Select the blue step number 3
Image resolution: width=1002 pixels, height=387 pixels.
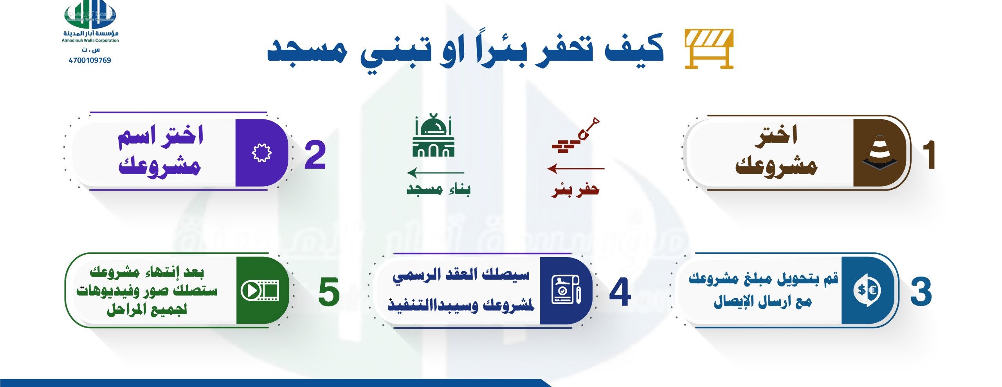pyautogui.click(x=921, y=292)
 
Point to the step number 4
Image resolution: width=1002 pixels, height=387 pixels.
pyautogui.click(x=620, y=292)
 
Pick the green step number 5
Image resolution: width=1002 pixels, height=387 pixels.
pyautogui.click(x=329, y=292)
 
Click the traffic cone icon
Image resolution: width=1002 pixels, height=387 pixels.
pyautogui.click(x=879, y=153)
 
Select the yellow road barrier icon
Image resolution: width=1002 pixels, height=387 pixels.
pyautogui.click(x=709, y=49)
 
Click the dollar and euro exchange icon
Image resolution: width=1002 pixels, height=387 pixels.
pyautogui.click(x=867, y=290)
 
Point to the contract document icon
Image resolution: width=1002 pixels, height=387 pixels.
pyautogui.click(x=566, y=290)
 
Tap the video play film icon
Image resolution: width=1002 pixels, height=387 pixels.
pyautogui.click(x=260, y=291)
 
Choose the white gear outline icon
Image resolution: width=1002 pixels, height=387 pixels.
pyautogui.click(x=261, y=153)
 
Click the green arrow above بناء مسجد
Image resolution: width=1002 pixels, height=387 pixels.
pyautogui.click(x=435, y=173)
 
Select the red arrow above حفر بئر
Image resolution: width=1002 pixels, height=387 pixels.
pyautogui.click(x=576, y=169)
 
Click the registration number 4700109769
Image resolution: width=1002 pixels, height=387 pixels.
pyautogui.click(x=90, y=60)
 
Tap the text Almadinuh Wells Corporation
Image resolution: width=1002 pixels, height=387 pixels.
pyautogui.click(x=90, y=40)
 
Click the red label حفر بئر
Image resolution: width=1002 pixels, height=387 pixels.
pyautogui.click(x=575, y=190)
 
